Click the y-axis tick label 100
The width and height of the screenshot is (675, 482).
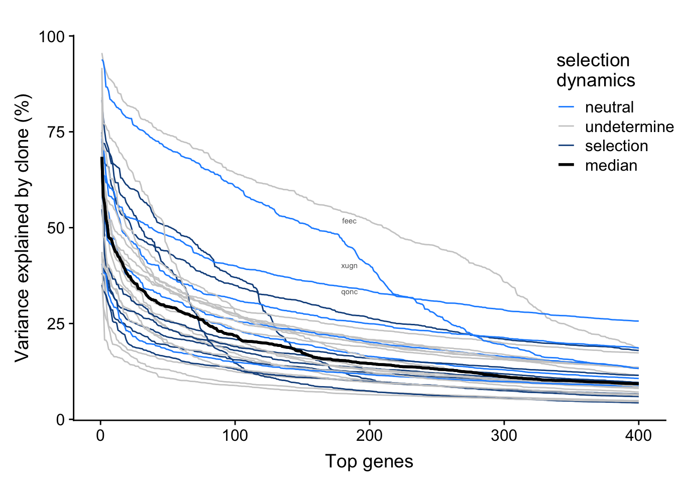coord(52,37)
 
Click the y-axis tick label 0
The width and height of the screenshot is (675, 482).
coord(60,420)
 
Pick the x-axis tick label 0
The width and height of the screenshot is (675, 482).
coord(100,435)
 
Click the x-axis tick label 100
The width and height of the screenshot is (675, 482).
coord(235,435)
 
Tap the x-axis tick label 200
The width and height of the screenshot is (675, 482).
coord(370,435)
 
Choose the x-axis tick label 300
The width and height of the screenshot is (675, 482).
coord(504,435)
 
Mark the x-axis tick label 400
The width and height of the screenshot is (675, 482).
coord(638,435)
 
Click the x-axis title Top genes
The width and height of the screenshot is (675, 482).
coord(369,461)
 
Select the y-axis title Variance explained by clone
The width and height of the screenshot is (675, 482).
coord(23,227)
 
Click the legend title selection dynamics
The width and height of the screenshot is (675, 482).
coord(596,70)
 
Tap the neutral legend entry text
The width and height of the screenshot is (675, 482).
coord(609,107)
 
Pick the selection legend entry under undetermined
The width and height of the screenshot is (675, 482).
coord(616,146)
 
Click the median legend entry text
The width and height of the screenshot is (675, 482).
coord(611,166)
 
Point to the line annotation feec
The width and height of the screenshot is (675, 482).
coord(349,221)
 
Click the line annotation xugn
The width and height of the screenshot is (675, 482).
coord(349,266)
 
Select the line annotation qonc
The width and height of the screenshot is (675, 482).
coord(349,292)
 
